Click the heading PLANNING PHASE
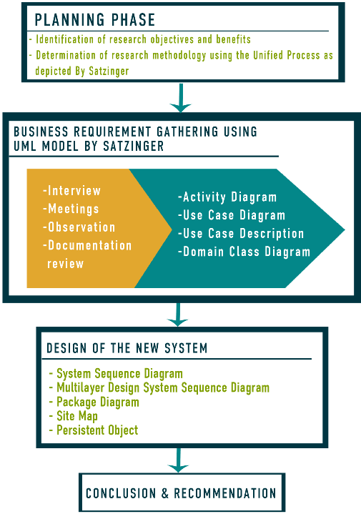[x=95, y=20]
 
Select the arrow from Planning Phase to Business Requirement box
[x=180, y=98]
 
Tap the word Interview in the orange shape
[x=74, y=190]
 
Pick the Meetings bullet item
[x=71, y=209]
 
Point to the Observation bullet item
[x=79, y=227]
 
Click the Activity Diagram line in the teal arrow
[x=227, y=197]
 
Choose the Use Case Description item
[x=241, y=233]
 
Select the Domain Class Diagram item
[x=244, y=252]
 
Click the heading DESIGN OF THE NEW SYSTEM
[x=127, y=348]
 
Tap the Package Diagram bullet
[x=94, y=402]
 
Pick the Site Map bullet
[x=74, y=416]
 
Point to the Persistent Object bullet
[x=94, y=430]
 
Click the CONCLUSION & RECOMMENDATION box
[x=182, y=493]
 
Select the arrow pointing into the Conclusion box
[x=178, y=460]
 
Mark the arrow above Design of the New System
[x=178, y=315]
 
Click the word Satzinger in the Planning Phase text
[x=109, y=71]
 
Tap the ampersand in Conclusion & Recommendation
[x=164, y=493]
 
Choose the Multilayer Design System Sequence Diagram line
[x=159, y=387]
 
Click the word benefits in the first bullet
[x=233, y=39]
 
